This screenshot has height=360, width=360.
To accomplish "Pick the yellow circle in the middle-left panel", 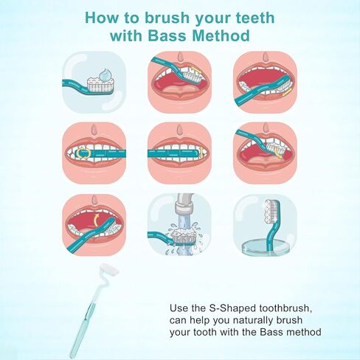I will [86, 154].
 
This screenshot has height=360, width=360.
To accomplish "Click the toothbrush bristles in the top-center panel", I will [193, 72].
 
